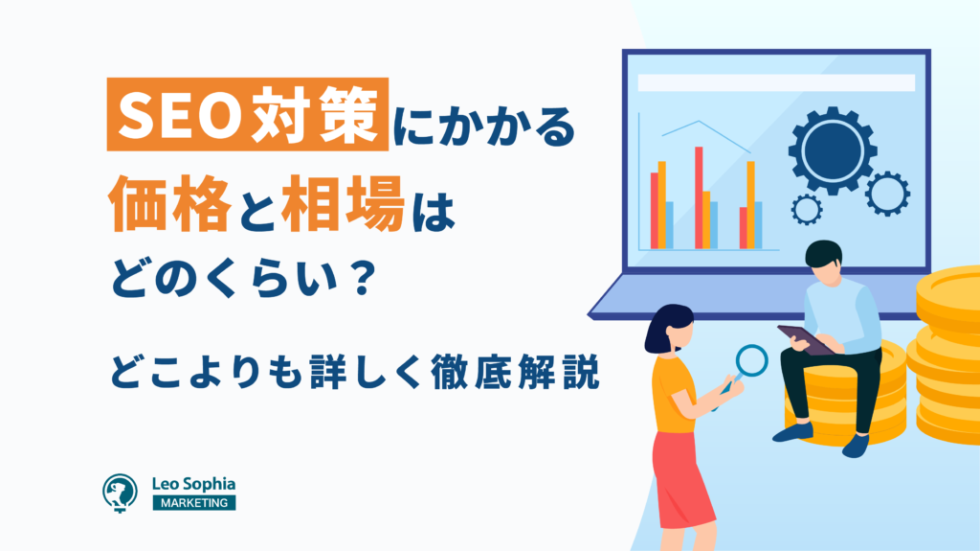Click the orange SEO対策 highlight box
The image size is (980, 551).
pos(248,114)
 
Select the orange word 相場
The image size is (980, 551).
pos(344,204)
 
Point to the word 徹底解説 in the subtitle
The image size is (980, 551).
pos(515,373)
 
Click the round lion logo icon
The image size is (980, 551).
pos(120,493)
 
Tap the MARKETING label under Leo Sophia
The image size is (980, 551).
pos(194,503)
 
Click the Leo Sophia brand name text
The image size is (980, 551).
pos(193,484)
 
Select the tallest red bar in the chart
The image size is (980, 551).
pos(699,197)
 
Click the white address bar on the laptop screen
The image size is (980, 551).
pos(776,82)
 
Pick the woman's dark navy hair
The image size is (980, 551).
pos(666,326)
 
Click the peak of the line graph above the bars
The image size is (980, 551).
pos(700,122)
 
